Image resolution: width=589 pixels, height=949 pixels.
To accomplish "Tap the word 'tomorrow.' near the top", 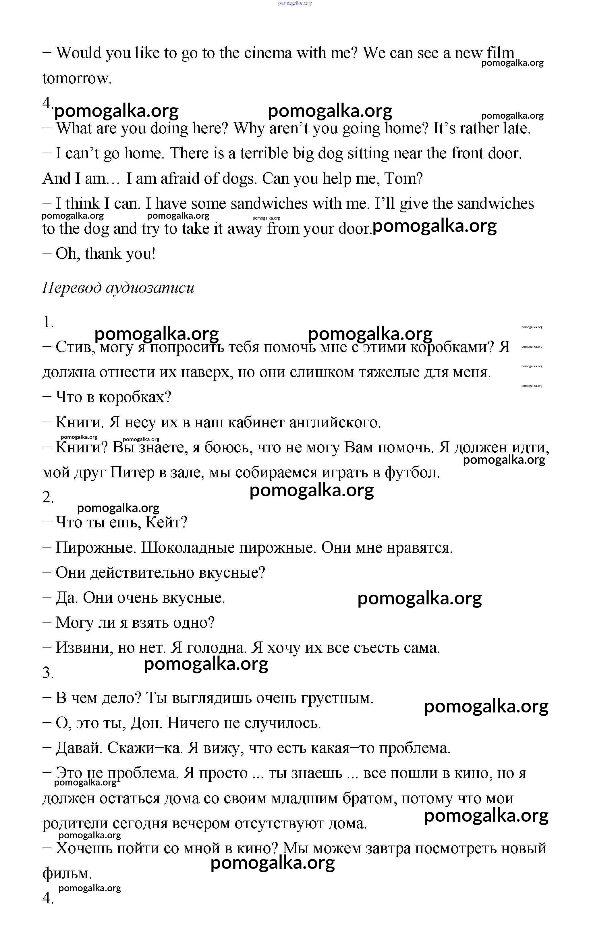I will point(77,78).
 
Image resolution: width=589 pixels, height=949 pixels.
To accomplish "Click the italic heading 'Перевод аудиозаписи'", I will point(118,288).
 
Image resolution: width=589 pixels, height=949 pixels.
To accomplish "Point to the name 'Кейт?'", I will point(166,522).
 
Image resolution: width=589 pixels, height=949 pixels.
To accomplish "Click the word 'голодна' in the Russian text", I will point(216,648).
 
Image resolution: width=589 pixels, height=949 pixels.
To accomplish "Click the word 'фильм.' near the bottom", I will point(67,873).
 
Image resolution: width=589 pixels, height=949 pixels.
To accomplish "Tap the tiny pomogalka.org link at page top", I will point(295,3).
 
